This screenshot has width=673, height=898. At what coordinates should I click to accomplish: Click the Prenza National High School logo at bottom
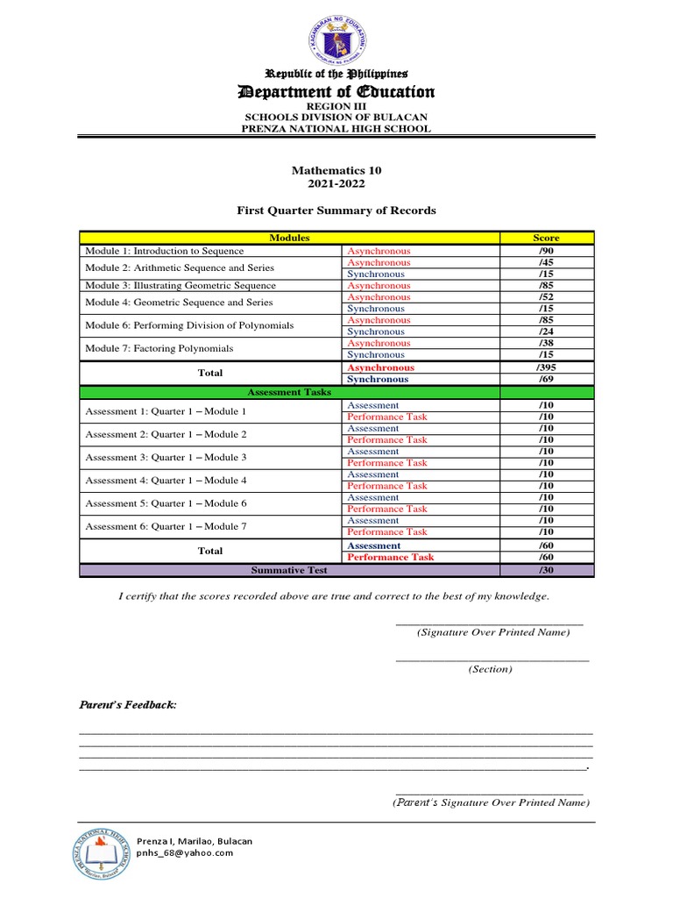click(102, 852)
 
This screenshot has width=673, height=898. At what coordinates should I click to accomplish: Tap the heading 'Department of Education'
click(337, 92)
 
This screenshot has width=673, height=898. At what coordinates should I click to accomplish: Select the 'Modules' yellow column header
click(289, 238)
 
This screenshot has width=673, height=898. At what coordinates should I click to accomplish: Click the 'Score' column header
click(546, 238)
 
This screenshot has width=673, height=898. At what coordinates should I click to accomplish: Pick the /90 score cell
click(546, 251)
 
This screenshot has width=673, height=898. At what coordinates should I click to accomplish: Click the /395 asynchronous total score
click(546, 367)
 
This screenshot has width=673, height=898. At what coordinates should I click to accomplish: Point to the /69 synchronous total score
click(546, 380)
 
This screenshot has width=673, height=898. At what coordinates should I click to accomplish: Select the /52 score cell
click(546, 297)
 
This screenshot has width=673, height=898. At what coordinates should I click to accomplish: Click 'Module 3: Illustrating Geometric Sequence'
click(180, 286)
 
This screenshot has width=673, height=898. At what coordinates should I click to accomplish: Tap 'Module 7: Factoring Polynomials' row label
click(159, 349)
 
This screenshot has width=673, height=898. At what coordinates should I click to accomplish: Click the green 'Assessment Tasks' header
click(289, 392)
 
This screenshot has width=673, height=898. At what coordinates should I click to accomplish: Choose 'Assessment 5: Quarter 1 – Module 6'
click(166, 503)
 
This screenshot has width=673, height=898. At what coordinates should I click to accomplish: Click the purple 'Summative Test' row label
click(289, 570)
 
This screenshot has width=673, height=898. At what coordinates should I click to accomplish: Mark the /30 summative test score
click(546, 570)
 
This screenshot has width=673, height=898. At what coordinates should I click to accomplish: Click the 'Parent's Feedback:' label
click(128, 705)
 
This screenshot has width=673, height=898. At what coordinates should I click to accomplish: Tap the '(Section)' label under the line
click(490, 669)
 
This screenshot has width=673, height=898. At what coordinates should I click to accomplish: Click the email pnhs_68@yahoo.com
click(184, 852)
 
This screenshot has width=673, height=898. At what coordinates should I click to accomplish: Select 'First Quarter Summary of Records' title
click(336, 210)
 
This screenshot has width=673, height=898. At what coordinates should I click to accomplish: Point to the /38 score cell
click(546, 343)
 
